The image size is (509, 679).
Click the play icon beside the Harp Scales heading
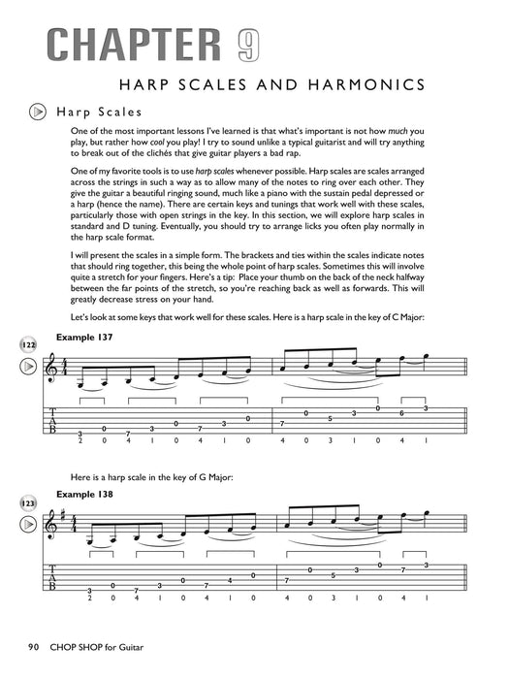(36, 113)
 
